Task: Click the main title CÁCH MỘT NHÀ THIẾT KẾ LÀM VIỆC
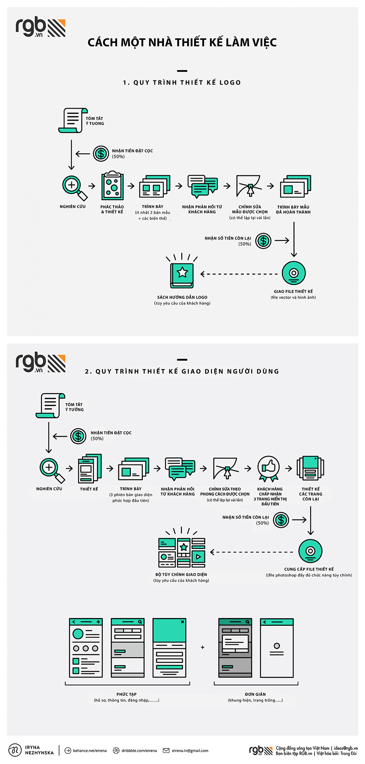click(x=182, y=42)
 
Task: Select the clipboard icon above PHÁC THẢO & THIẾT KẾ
click(x=112, y=185)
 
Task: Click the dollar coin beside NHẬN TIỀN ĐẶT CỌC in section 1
click(x=101, y=154)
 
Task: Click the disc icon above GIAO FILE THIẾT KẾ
click(x=294, y=273)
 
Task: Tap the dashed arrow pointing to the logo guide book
click(x=239, y=274)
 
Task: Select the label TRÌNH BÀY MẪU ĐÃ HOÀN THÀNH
click(x=293, y=209)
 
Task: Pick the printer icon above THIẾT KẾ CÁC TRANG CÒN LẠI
click(x=310, y=468)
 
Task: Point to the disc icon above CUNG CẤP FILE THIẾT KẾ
click(x=310, y=551)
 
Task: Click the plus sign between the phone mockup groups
click(x=203, y=647)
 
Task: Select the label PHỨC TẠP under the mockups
click(x=127, y=694)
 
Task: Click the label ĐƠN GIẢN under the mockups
click(x=255, y=694)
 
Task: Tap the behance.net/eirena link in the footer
click(x=90, y=750)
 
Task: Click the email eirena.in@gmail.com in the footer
click(x=190, y=750)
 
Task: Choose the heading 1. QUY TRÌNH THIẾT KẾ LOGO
click(x=182, y=83)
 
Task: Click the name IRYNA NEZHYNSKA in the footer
click(x=39, y=750)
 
